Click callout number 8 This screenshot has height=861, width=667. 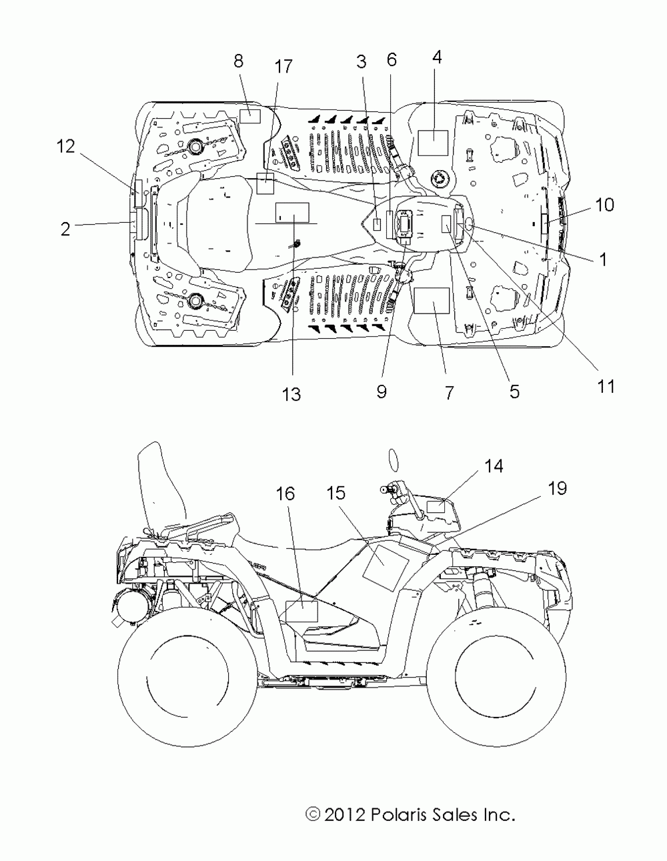click(238, 62)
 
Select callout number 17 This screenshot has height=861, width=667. click(283, 67)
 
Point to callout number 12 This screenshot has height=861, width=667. click(66, 147)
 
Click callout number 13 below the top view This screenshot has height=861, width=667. click(291, 394)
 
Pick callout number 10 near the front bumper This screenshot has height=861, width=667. click(605, 205)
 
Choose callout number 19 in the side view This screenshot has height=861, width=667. click(558, 488)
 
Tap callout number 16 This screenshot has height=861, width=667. click(285, 494)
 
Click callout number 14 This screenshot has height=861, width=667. click(494, 466)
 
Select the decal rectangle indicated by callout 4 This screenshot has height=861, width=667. click(434, 142)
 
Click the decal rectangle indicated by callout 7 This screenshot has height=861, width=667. click(432, 301)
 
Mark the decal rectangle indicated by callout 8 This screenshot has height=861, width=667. click(250, 116)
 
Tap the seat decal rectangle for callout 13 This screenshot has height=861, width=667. click(292, 212)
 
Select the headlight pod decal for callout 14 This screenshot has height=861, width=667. click(436, 507)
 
